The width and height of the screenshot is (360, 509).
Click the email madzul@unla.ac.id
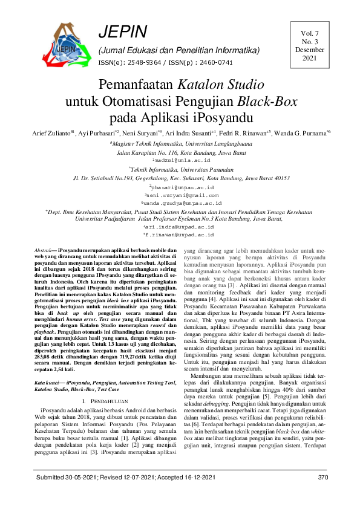click(x=180, y=161)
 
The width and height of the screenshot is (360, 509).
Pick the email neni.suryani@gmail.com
click(x=180, y=195)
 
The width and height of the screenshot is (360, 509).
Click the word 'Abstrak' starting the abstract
click(x=43, y=249)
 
